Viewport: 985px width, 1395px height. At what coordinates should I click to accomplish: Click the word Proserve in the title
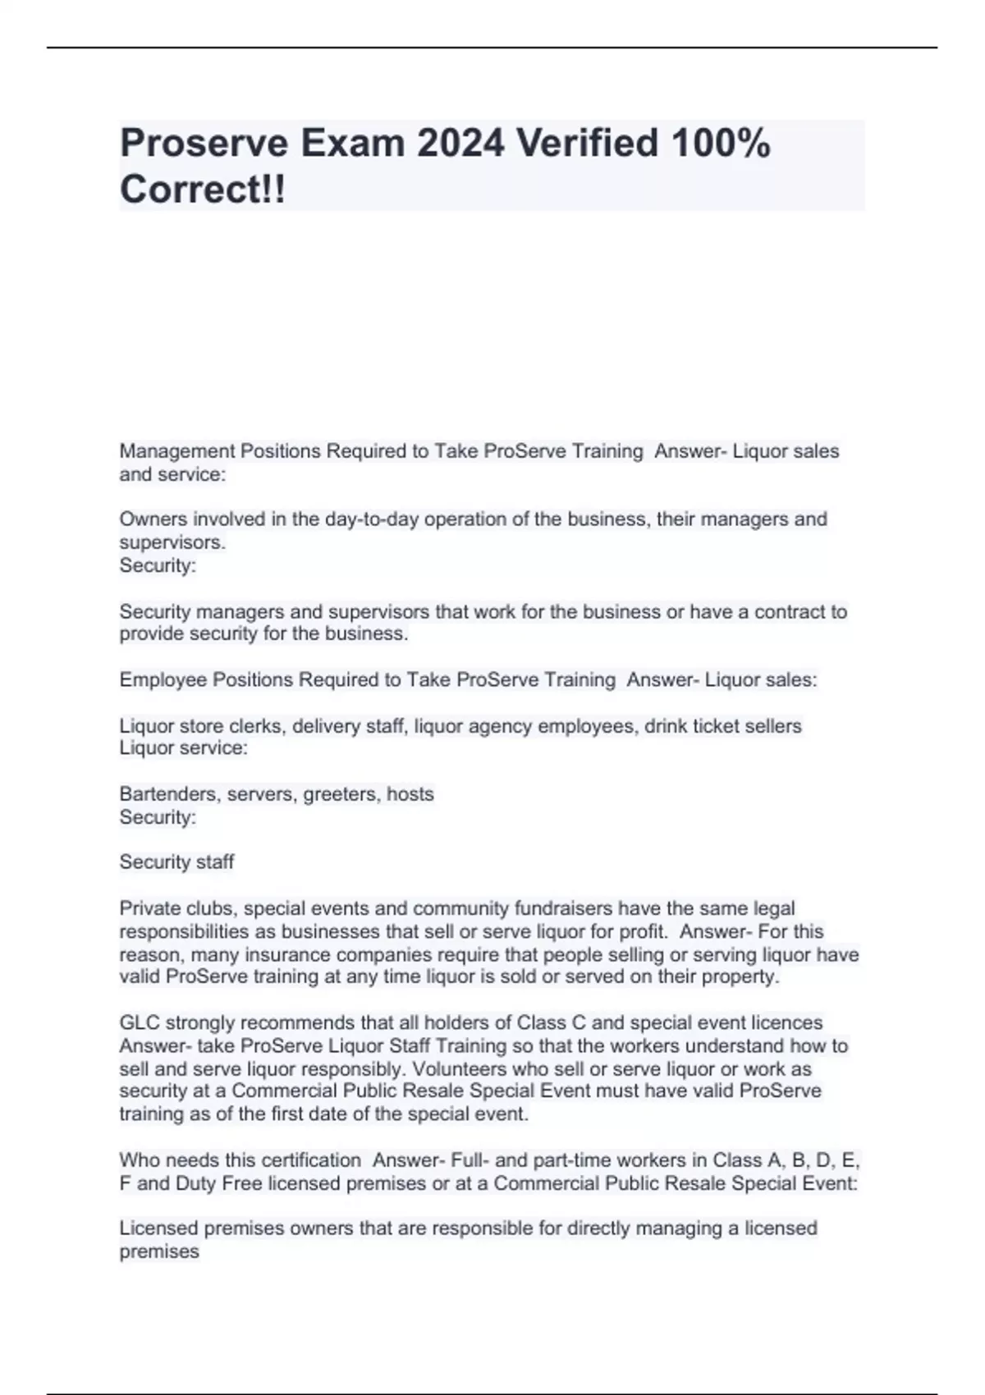click(x=204, y=144)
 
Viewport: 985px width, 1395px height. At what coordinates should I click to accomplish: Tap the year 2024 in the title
click(x=460, y=144)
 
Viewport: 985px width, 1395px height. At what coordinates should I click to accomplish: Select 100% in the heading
click(x=720, y=144)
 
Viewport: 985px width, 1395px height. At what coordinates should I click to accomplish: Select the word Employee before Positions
click(x=163, y=680)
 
